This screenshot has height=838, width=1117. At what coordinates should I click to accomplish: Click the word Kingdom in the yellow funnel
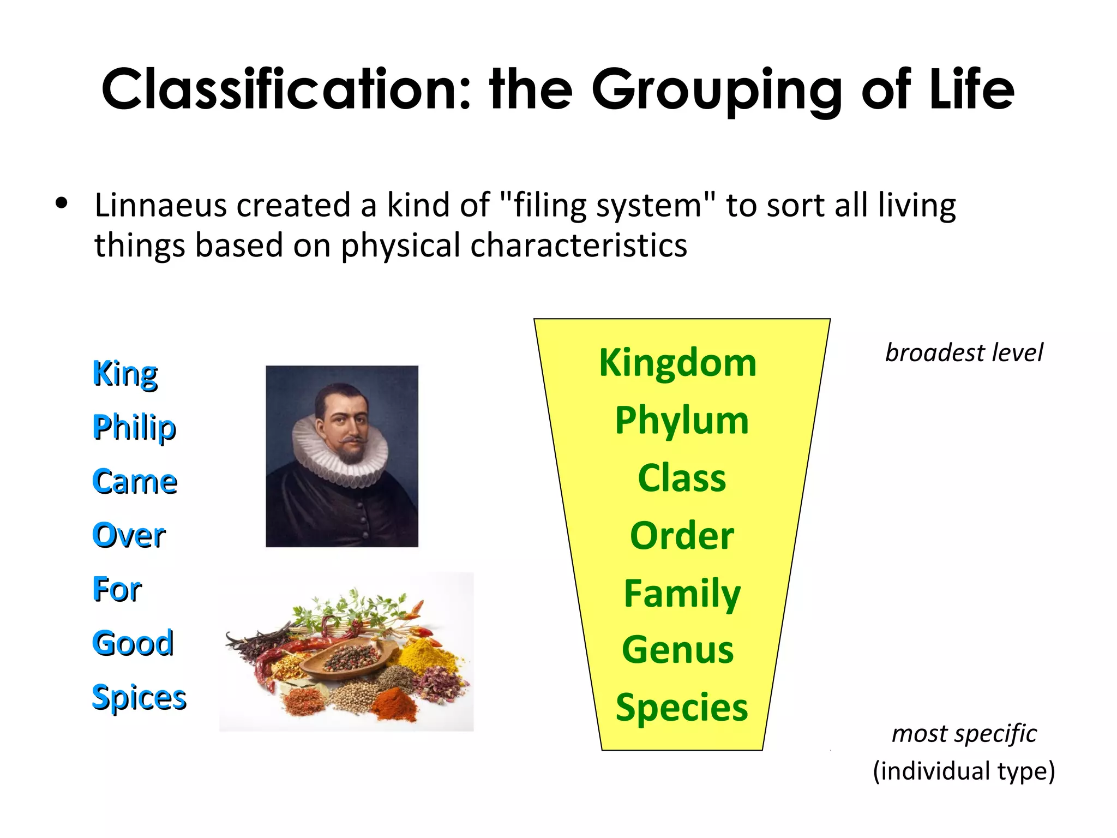click(x=677, y=363)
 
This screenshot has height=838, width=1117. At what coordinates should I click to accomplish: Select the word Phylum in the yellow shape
click(x=682, y=421)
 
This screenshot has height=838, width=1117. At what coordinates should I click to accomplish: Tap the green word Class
click(x=682, y=478)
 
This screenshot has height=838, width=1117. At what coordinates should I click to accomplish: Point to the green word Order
click(x=682, y=536)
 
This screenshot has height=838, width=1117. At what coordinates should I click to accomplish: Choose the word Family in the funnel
click(x=682, y=594)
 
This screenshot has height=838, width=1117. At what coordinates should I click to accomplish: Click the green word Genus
click(x=678, y=650)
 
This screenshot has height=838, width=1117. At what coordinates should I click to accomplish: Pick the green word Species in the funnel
click(x=682, y=708)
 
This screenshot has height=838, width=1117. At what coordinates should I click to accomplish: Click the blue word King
click(x=125, y=374)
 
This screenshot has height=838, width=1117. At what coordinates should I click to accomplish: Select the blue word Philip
click(x=134, y=427)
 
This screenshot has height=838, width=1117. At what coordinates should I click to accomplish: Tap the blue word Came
click(x=135, y=482)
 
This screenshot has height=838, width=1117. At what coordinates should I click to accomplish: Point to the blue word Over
click(x=129, y=535)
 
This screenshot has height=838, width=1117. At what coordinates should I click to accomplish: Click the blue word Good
click(x=133, y=643)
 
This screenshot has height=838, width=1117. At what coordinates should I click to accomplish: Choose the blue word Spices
click(x=139, y=698)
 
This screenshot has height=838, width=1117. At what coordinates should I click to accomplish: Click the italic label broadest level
click(x=964, y=353)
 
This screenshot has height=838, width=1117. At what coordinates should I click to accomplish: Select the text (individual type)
click(x=964, y=771)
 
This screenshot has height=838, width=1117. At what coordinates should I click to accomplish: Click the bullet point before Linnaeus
click(x=62, y=203)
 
